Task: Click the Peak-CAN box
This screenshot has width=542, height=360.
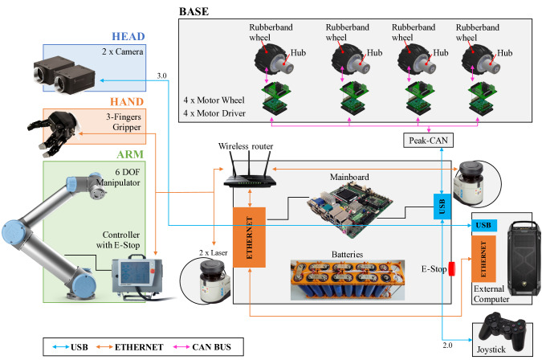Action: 428,141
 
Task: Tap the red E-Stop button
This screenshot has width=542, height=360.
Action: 451,268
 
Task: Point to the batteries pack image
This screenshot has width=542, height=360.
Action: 348,280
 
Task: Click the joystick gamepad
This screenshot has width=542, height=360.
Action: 503,331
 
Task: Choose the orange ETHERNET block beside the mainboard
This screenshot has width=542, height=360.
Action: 249,237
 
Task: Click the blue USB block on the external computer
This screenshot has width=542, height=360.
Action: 484,226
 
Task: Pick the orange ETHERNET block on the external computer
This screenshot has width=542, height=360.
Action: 483,259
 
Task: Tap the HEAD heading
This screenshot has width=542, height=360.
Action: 128,36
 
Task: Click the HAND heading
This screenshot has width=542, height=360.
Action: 127,102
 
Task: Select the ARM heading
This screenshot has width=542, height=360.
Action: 130,154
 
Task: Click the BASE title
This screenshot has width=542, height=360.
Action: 194,11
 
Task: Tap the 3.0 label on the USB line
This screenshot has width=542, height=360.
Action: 161,76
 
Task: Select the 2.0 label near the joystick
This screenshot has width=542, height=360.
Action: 447,345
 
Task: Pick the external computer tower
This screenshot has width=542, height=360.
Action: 524,258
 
